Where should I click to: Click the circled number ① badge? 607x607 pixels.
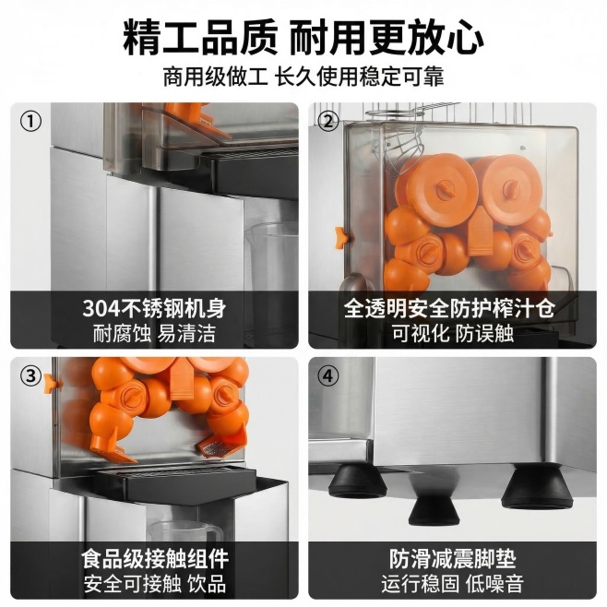pyautogui.click(x=30, y=122)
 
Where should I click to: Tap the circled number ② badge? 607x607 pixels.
pyautogui.click(x=327, y=122)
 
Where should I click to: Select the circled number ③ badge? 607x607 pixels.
pyautogui.click(x=30, y=375)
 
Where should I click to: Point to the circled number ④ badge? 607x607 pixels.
pyautogui.click(x=327, y=375)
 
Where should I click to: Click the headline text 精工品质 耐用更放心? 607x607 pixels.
pyautogui.click(x=303, y=37)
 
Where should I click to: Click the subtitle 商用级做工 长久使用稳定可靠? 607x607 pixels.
pyautogui.click(x=303, y=77)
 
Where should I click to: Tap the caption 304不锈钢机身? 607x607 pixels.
pyautogui.click(x=154, y=308)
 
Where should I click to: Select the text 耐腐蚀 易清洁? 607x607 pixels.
pyautogui.click(x=154, y=333)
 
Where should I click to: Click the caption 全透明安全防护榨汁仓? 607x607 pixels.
pyautogui.click(x=449, y=308)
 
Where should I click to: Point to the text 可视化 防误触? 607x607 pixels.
pyautogui.click(x=453, y=333)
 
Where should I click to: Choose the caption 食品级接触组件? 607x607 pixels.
pyautogui.click(x=155, y=559)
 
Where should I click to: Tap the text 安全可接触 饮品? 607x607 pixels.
pyautogui.click(x=155, y=584)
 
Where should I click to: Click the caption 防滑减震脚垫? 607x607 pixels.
pyautogui.click(x=453, y=559)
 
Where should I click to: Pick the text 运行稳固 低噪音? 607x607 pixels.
pyautogui.click(x=453, y=584)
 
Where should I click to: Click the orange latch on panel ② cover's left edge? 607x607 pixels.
pyautogui.click(x=341, y=238)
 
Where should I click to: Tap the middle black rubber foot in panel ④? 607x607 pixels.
pyautogui.click(x=434, y=511)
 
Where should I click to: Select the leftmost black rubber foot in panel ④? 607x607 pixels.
pyautogui.click(x=356, y=482)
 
